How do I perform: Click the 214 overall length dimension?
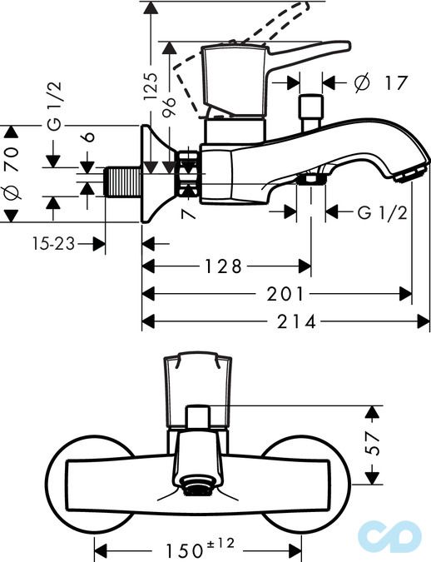tap(299, 322)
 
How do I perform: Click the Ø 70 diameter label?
tap(12, 172)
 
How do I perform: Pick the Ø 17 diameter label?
tap(380, 82)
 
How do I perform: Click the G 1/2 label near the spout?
tap(382, 212)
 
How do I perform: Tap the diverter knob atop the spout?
tap(310, 109)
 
